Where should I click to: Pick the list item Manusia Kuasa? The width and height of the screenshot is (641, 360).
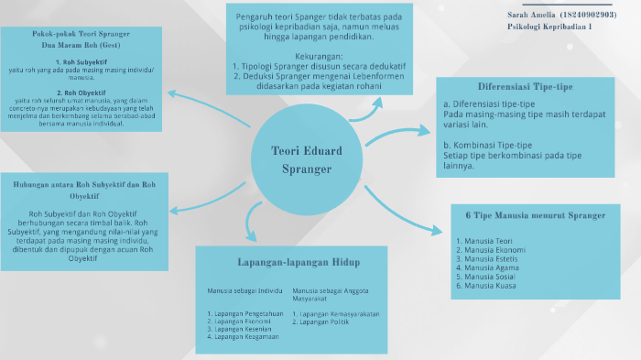(x=486, y=286)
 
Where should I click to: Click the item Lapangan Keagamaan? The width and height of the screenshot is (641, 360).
(x=243, y=337)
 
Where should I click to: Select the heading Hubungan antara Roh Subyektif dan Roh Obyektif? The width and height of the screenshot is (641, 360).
(x=84, y=190)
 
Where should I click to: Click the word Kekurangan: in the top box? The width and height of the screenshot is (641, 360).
(x=318, y=57)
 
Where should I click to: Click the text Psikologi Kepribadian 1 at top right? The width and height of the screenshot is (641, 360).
(x=549, y=27)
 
